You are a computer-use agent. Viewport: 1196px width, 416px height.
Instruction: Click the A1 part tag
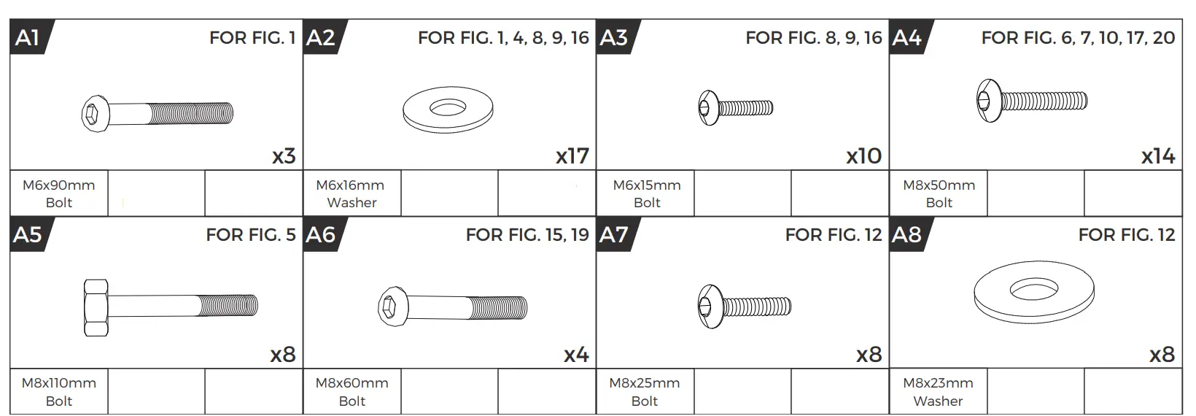(x=29, y=37)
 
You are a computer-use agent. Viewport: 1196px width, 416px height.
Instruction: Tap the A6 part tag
(x=322, y=234)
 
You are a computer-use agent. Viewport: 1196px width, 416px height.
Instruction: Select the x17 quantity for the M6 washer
(x=572, y=156)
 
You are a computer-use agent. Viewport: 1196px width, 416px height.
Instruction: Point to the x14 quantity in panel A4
(x=1158, y=156)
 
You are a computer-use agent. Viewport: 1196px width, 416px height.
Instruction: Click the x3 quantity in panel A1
(x=284, y=156)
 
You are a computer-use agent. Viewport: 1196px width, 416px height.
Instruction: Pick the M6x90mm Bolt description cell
(x=59, y=193)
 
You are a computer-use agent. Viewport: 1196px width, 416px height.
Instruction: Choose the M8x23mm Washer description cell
(x=938, y=391)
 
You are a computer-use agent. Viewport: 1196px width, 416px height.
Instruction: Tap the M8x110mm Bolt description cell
(x=59, y=391)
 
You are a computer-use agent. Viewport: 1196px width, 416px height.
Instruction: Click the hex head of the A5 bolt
(x=96, y=307)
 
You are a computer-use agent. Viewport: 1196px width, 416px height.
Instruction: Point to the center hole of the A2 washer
(x=448, y=109)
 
